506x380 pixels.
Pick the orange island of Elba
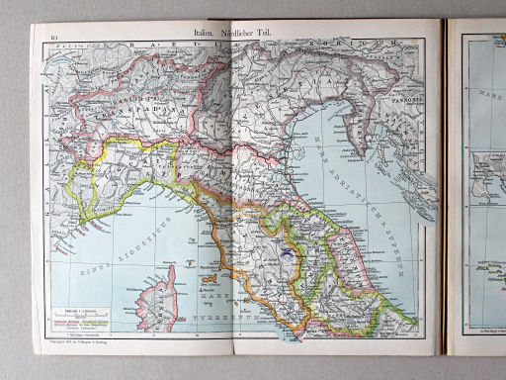(x=205, y=268)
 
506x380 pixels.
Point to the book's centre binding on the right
(x=448, y=188)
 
